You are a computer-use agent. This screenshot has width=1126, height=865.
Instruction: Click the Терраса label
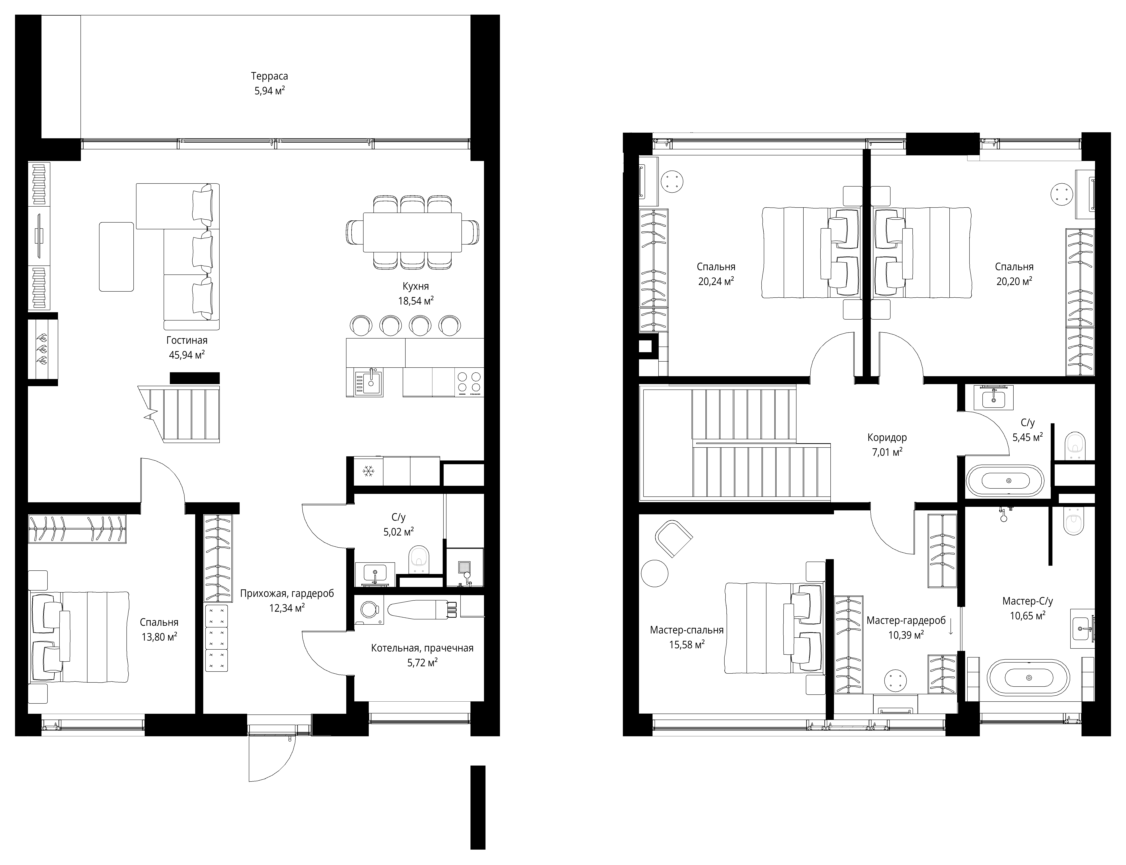pyautogui.click(x=269, y=76)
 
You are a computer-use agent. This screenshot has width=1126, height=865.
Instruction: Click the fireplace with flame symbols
pyautogui.click(x=42, y=349)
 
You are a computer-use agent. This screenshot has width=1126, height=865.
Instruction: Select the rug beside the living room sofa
pyautogui.click(x=116, y=256)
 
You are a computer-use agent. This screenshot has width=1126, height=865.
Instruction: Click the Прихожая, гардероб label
pyautogui.click(x=287, y=594)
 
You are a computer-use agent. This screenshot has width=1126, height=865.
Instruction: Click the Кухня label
pyautogui.click(x=415, y=286)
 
